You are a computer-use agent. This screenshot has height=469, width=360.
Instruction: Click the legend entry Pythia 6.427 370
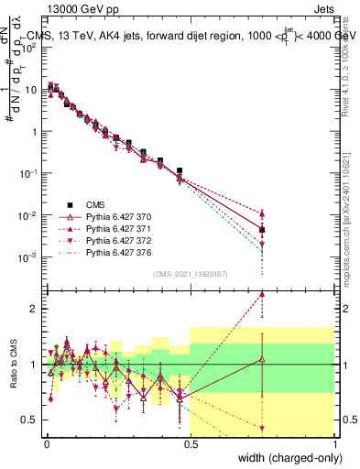(120, 214)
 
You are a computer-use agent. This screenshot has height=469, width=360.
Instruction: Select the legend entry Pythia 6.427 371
(120, 226)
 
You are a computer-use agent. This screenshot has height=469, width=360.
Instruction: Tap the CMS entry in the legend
(96, 202)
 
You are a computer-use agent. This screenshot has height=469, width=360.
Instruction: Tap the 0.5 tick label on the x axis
(191, 444)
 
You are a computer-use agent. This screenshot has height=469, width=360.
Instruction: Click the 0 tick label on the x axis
(46, 444)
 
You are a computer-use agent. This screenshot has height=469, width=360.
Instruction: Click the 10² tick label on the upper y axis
(27, 48)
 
